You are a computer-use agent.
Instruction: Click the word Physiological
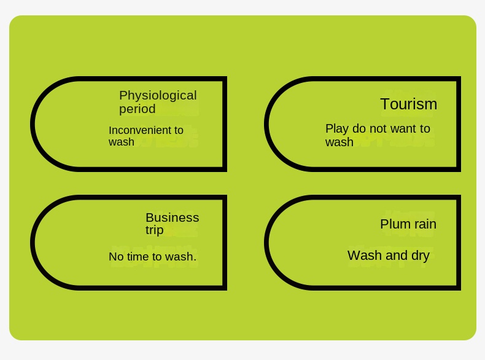pyautogui.click(x=158, y=96)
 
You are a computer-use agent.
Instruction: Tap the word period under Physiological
pyautogui.click(x=137, y=109)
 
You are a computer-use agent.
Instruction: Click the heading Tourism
pyautogui.click(x=408, y=104)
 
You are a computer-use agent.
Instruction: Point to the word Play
pyautogui.click(x=336, y=129)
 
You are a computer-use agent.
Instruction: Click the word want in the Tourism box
pyautogui.click(x=402, y=129)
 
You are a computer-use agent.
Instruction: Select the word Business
pyautogui.click(x=172, y=217)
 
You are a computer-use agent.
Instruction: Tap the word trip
pyautogui.click(x=154, y=230)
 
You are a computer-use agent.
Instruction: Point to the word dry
pyautogui.click(x=419, y=256)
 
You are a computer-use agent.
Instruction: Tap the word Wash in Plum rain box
pyautogui.click(x=363, y=256)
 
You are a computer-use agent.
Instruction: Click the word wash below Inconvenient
pyautogui.click(x=121, y=143)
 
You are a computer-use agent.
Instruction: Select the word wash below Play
pyautogui.click(x=339, y=143)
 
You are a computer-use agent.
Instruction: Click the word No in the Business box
pyautogui.click(x=116, y=257)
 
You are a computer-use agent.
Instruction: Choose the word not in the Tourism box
pyautogui.click(x=378, y=129)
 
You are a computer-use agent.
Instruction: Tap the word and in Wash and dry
pyautogui.click(x=395, y=256)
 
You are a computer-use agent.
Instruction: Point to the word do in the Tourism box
pyautogui.click(x=359, y=129)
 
